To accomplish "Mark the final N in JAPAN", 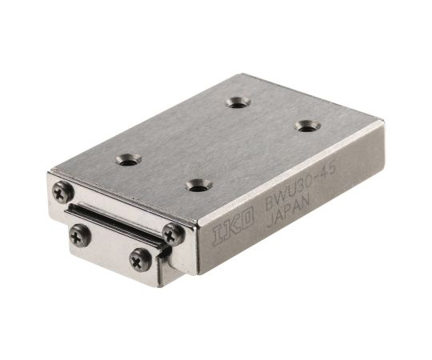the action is [x=306, y=201].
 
